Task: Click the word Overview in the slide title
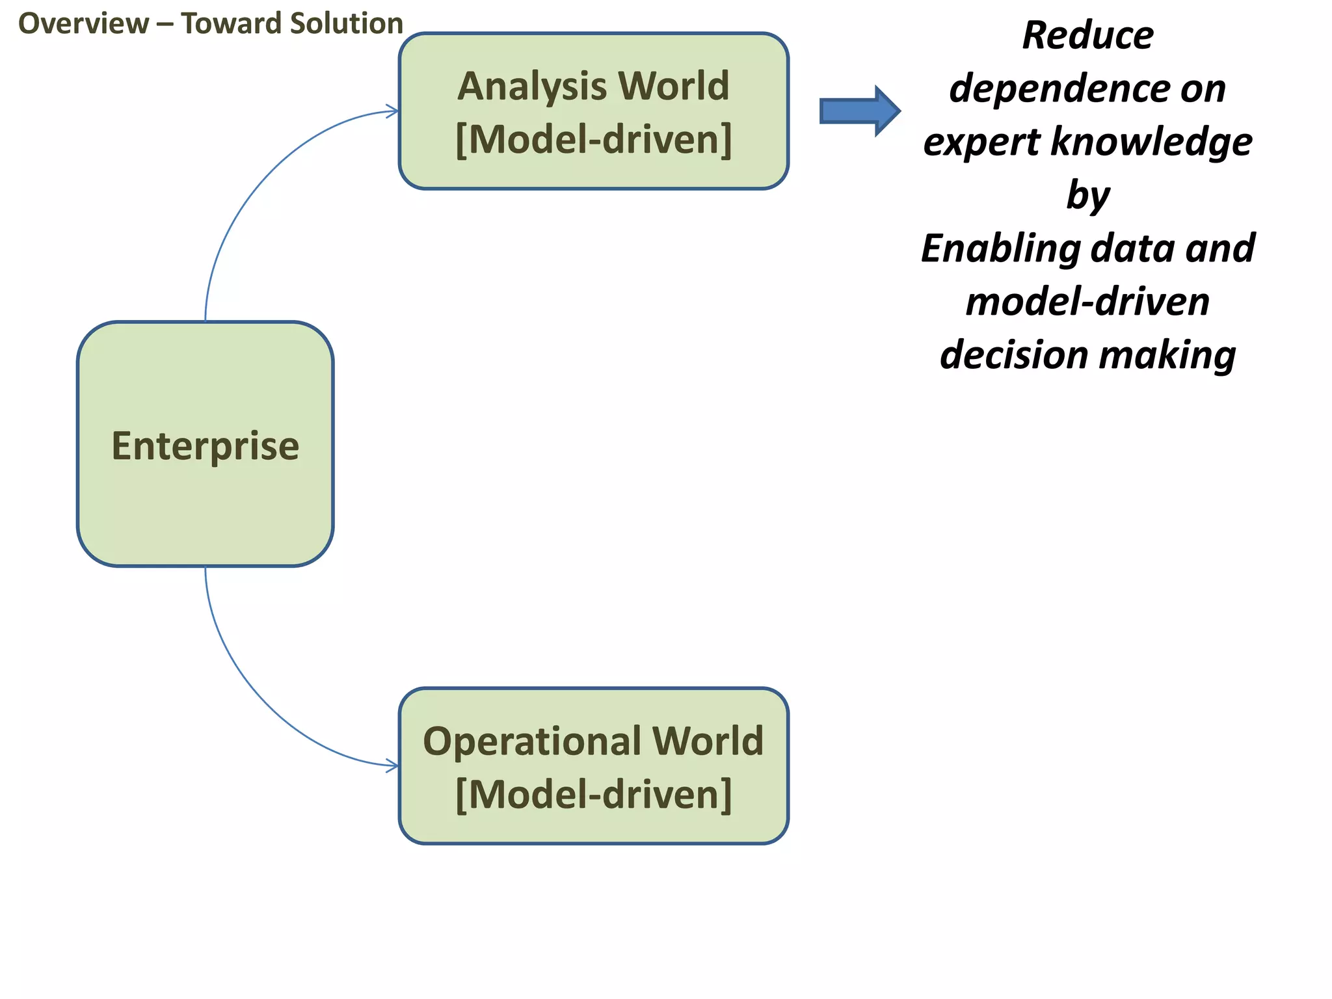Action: (83, 24)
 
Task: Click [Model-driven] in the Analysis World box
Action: (593, 139)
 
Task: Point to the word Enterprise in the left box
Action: (205, 446)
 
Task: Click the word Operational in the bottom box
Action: (531, 741)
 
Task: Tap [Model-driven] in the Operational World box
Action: (593, 794)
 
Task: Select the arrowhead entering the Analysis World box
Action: (392, 111)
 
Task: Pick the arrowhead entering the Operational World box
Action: (392, 766)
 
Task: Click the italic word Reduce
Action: (1087, 35)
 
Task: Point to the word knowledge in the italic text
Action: (1151, 142)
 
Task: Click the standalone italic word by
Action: (1087, 195)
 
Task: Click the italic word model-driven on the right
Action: (1087, 302)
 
